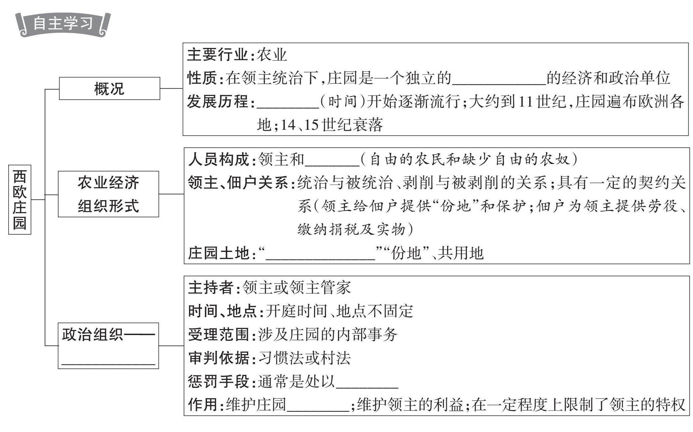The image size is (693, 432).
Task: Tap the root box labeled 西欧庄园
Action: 20,200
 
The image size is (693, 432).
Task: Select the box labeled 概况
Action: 109,88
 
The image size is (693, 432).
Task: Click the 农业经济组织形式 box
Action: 108,194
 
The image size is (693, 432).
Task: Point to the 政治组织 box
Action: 108,345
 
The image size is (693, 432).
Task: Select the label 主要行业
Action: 217,55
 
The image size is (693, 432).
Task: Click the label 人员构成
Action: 218,160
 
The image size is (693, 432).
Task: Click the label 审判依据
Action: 218,358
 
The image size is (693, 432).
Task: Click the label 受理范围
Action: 218,335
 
